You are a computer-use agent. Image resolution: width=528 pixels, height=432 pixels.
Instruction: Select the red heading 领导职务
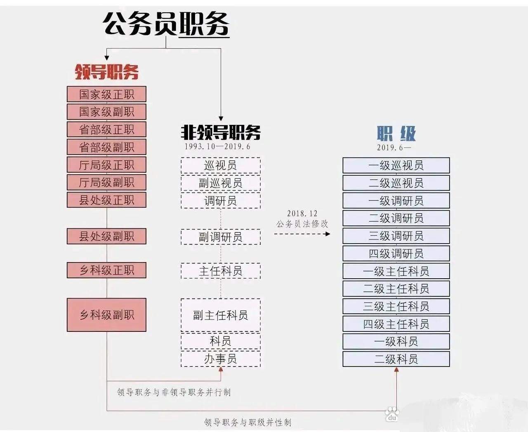[107, 72]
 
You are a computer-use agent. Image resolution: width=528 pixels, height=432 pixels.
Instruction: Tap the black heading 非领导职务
[221, 132]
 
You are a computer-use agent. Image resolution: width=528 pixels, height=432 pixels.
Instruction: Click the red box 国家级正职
[107, 94]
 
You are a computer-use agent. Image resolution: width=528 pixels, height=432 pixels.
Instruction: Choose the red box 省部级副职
[107, 147]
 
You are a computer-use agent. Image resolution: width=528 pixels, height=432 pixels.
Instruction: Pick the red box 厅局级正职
[107, 164]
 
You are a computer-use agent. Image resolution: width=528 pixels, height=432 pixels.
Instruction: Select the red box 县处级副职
[107, 236]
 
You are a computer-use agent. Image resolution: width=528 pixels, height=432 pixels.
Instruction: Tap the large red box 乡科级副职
[107, 315]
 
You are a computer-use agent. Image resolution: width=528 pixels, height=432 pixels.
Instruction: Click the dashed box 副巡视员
[221, 183]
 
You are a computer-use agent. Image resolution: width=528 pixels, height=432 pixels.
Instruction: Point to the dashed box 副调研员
[221, 237]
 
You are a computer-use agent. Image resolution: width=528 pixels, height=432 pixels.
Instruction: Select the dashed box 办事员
[221, 359]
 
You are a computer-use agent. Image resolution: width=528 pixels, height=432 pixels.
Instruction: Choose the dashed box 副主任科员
[221, 315]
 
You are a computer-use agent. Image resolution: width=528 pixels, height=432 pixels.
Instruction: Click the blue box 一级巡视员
[396, 165]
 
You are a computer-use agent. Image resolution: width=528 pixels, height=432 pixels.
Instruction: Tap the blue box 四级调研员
[396, 254]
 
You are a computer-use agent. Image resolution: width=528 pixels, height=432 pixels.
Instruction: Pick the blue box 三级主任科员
[396, 306]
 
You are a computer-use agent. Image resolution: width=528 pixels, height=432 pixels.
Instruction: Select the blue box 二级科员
[396, 359]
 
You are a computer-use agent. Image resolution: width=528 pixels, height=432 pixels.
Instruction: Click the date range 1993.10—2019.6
[217, 147]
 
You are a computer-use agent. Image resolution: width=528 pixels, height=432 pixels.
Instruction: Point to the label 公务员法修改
[302, 224]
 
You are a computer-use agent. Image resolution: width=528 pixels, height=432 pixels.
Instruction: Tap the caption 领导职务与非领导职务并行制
[174, 392]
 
